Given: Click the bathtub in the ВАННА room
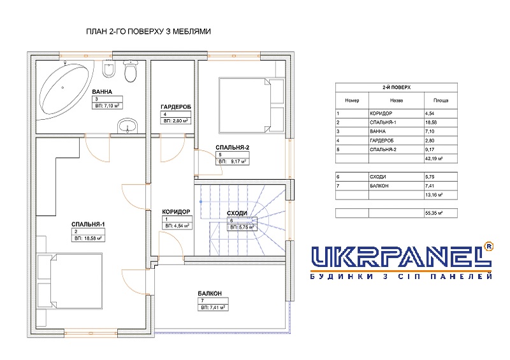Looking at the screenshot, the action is coord(64,89).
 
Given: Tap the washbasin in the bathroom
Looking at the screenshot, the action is coord(128,126).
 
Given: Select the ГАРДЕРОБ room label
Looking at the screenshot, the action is coord(176,106).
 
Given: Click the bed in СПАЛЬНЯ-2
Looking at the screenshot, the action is coord(245,104).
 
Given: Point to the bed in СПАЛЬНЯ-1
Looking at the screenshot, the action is coord(76,280).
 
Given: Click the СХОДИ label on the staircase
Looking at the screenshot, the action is coord(237,213).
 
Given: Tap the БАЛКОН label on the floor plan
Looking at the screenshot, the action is coord(210,293).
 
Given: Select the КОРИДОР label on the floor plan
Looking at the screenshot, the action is coord(176,212).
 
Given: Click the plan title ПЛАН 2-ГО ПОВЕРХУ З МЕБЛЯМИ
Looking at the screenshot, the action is coord(149,32).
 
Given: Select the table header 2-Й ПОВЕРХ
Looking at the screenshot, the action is coord(396,87).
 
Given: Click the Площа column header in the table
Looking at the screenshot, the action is coord(441,101).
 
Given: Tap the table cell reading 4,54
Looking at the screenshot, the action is coord(429,113).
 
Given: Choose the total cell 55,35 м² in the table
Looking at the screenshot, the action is coord(433,213).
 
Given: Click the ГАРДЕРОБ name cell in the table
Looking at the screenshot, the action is coord(381,140).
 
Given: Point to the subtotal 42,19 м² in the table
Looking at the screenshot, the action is coord(433,159).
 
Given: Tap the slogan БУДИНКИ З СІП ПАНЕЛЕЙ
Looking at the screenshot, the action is coord(401,277).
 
